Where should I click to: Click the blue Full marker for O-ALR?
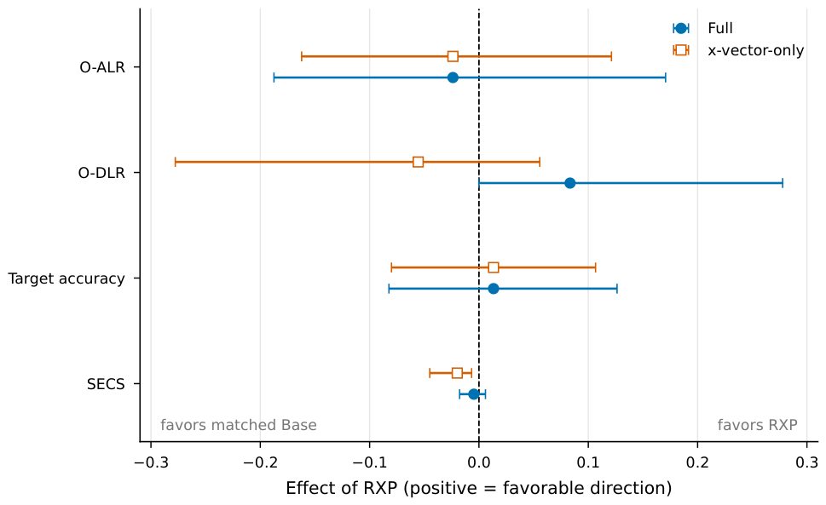pos(453,77)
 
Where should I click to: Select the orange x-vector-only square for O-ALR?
pos(453,56)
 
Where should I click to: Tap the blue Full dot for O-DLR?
pos(569,183)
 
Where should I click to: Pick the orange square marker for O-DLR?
pos(418,162)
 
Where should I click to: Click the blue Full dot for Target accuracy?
pos(493,289)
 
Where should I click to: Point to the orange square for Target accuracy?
pos(493,267)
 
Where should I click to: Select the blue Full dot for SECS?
pos(473,394)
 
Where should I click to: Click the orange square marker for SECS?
pos(457,373)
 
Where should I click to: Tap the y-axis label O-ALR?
pos(102,67)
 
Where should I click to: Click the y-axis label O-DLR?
pos(101,173)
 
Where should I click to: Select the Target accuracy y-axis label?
pos(66,278)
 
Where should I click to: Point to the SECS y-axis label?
pos(106,384)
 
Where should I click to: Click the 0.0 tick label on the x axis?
pos(479,462)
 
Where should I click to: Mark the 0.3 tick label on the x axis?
pos(806,462)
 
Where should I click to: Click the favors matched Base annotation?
pos(239,425)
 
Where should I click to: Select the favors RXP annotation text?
pos(757,425)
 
